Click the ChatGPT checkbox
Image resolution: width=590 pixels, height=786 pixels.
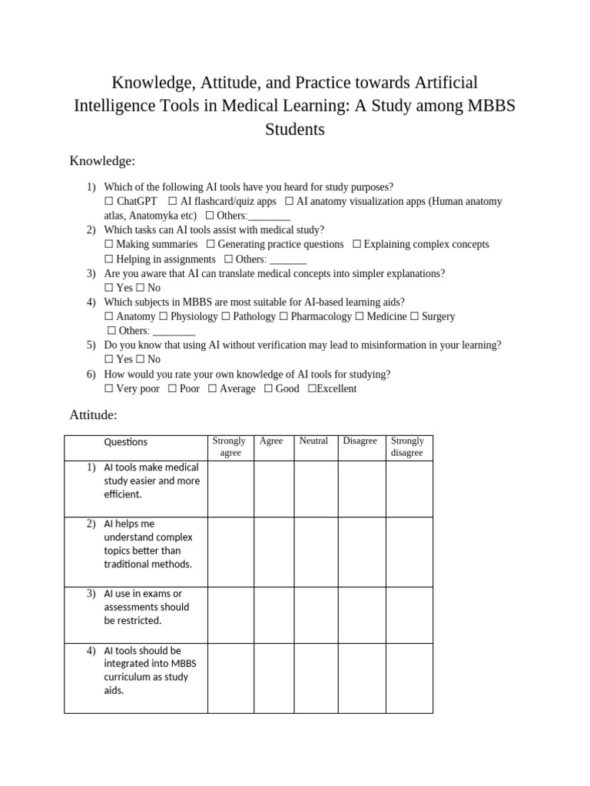(109, 201)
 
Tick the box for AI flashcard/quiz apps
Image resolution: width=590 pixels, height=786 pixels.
(172, 201)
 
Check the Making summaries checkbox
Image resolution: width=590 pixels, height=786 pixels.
(109, 244)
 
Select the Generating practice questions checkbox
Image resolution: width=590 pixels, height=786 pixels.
(210, 244)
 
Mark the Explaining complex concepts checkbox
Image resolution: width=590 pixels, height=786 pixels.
(356, 244)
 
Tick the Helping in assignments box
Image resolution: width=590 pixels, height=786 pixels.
(109, 259)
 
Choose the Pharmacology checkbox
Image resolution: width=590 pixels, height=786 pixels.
(284, 316)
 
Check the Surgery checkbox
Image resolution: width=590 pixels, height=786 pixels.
(415, 316)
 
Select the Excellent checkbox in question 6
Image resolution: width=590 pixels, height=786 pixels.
(312, 388)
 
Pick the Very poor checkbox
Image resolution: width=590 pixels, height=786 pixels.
(109, 388)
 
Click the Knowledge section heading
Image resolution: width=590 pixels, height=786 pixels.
(102, 160)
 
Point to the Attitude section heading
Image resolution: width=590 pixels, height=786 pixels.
(93, 415)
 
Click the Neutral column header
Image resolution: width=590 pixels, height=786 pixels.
(313, 441)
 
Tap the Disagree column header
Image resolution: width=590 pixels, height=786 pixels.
(360, 441)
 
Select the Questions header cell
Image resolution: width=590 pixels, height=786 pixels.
(125, 442)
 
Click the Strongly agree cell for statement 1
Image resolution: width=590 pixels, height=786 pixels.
(230, 488)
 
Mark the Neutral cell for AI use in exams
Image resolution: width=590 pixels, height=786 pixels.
(317, 615)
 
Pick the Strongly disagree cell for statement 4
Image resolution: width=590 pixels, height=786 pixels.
(409, 679)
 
